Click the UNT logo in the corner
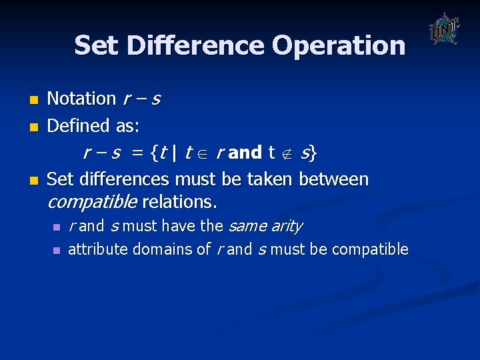click(444, 29)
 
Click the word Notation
click(81, 99)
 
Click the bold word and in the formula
click(245, 153)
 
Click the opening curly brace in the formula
click(155, 153)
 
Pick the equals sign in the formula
click(137, 153)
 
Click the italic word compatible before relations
click(92, 201)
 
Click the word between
click(334, 179)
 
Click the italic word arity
click(287, 226)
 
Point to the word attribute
click(98, 249)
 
